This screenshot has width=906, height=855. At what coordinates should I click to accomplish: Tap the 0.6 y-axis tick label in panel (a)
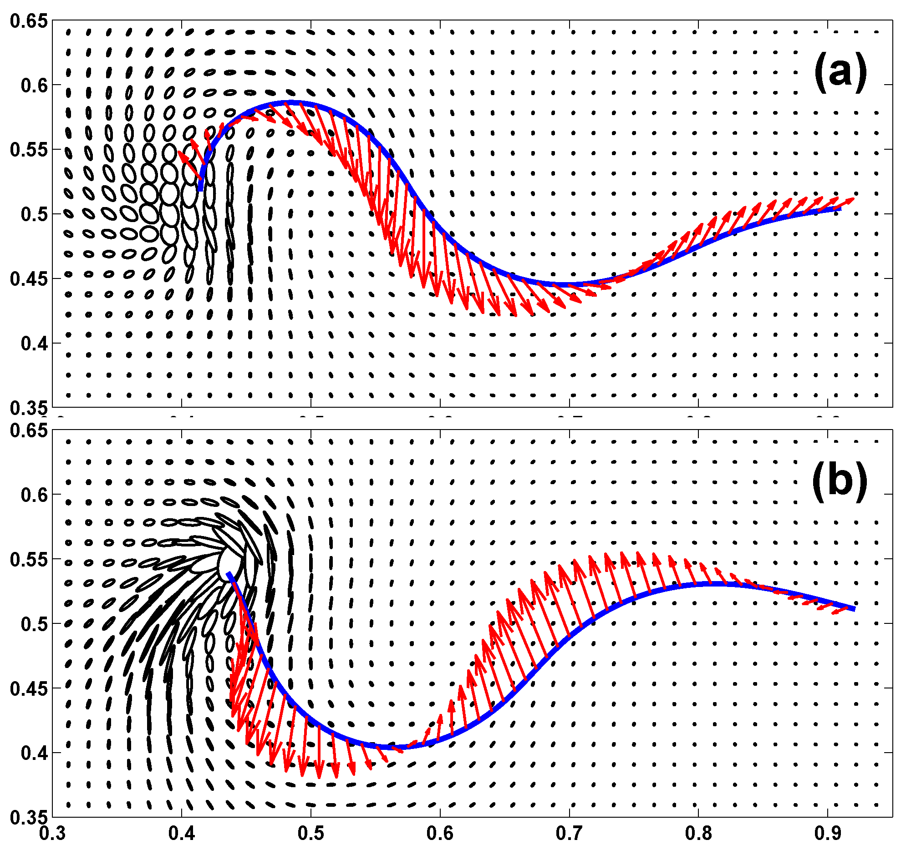coord(34,85)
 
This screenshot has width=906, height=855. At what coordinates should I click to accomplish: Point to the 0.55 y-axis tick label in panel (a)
coord(29,150)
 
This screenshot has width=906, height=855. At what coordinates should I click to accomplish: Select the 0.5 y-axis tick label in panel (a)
coord(34,214)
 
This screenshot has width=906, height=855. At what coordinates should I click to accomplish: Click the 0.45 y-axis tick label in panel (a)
coord(29,279)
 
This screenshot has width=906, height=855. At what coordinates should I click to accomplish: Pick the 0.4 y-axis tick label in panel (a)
coord(34,344)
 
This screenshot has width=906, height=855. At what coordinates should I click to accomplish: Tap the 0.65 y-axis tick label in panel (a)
coord(29,21)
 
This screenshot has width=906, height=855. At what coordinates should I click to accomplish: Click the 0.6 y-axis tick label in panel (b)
coord(34,495)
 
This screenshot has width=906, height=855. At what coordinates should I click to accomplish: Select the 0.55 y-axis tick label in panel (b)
coord(29,560)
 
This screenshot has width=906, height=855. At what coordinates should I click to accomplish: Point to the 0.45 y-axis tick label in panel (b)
coord(29,688)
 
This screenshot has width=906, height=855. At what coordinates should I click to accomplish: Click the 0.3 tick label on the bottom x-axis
coord(52,834)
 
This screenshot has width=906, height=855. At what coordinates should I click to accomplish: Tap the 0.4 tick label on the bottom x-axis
coord(182,834)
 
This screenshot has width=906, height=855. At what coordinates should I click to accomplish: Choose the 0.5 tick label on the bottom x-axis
coord(311,834)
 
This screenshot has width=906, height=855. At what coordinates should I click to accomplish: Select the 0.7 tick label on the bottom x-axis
coord(569,834)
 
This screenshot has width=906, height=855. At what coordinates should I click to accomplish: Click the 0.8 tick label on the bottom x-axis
coord(698,834)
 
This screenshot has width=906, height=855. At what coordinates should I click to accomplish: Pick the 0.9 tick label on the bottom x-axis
coord(828,834)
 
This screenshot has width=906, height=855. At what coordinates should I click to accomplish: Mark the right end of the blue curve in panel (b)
coord(854,609)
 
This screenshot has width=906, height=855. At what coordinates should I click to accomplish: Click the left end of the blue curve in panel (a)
coord(201,189)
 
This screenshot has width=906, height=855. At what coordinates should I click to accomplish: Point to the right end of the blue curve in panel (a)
coord(839,208)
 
